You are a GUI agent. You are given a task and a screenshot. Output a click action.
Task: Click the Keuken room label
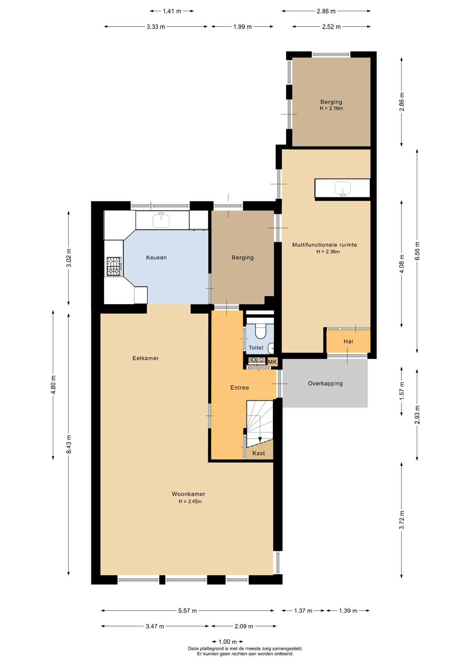pyautogui.click(x=156, y=258)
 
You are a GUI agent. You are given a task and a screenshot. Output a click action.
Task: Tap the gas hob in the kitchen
pyautogui.click(x=114, y=266)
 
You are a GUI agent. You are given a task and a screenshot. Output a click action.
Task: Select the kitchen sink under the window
pyautogui.click(x=161, y=220)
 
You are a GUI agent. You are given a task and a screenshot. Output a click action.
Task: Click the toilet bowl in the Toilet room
pyautogui.click(x=260, y=331)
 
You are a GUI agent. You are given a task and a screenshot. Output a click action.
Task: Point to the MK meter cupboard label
pyautogui.click(x=273, y=362)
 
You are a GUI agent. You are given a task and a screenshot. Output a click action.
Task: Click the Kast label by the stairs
pyautogui.click(x=259, y=453)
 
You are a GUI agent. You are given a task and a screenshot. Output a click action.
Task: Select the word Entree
pyautogui.click(x=239, y=388)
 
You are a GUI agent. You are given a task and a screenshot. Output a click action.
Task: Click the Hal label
pyautogui.click(x=349, y=342)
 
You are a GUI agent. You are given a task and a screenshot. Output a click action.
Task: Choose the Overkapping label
pyautogui.click(x=325, y=384)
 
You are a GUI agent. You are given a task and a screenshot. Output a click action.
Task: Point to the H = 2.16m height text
pyautogui.click(x=331, y=108)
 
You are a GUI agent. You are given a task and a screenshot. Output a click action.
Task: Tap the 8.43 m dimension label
pyautogui.click(x=69, y=444)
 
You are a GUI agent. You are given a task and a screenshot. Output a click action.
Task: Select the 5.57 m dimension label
pyautogui.click(x=188, y=611)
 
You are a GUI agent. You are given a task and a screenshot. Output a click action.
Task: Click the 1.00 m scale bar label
pyautogui.click(x=228, y=642)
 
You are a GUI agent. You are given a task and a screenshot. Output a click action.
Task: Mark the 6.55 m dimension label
pyautogui.click(x=417, y=251)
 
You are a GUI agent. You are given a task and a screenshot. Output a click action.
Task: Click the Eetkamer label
pyautogui.click(x=146, y=358)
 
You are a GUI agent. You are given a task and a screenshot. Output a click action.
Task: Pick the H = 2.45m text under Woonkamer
pyautogui.click(x=190, y=502)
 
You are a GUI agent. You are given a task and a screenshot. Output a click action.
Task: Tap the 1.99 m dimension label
pyautogui.click(x=242, y=27)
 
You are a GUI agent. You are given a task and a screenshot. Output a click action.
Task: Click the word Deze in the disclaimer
pyautogui.click(x=193, y=649)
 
